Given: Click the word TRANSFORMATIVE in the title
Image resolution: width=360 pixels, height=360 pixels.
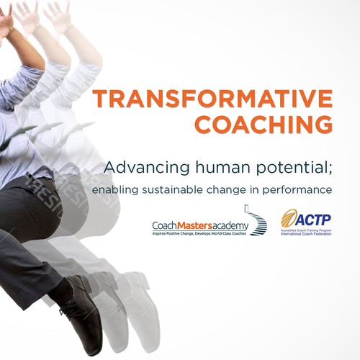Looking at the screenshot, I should click(x=212, y=100).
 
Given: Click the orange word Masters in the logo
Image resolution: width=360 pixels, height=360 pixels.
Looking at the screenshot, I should click(x=198, y=225).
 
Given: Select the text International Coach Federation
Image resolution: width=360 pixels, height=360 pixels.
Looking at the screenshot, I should click(x=306, y=234).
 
